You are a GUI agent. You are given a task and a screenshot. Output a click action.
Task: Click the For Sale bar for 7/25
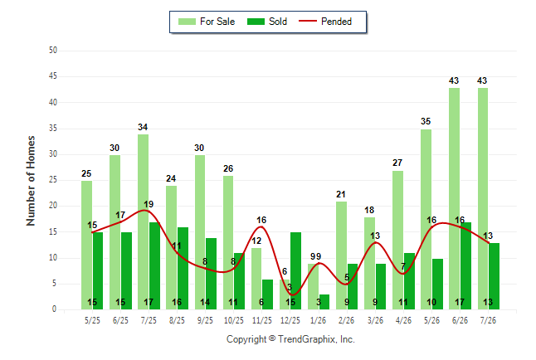point(144,221)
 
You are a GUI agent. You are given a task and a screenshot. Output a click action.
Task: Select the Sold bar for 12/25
point(295,270)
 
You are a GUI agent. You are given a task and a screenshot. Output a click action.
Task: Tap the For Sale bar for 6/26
point(455,198)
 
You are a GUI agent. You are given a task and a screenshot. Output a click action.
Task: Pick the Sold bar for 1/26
point(324,302)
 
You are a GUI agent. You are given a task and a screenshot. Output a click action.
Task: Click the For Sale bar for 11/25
point(256,279)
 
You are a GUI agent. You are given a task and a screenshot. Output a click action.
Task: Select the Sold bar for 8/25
point(183,269)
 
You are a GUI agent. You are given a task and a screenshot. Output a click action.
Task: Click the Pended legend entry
point(325,22)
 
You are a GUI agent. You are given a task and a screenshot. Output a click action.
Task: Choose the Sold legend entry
point(267,22)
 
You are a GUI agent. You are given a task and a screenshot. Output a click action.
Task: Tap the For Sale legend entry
point(207,22)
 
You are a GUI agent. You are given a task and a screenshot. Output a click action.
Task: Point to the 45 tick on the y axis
point(53,76)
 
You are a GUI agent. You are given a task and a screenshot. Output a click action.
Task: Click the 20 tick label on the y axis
point(53,206)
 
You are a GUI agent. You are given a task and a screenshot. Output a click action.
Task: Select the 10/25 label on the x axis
point(234,320)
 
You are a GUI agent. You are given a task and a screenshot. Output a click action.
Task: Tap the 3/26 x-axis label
point(375,320)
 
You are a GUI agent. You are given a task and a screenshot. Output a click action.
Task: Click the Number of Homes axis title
point(31,181)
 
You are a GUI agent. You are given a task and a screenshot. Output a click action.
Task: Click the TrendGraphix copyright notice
point(290,339)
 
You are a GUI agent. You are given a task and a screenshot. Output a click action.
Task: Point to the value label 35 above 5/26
point(426,121)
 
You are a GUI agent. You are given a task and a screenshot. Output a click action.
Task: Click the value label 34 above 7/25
point(143,127)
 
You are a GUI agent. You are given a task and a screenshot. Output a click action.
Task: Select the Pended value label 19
point(149,204)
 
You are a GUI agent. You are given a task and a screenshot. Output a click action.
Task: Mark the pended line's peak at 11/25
point(261,226)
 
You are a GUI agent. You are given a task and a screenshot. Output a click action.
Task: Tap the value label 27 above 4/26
point(397,163)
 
